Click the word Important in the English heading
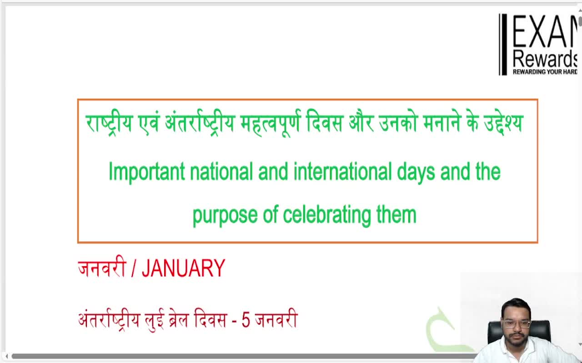pyautogui.click(x=146, y=172)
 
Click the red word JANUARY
pyautogui.click(x=183, y=269)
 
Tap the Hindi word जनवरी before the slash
pyautogui.click(x=101, y=269)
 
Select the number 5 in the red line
pyautogui.click(x=246, y=320)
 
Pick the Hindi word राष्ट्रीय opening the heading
pyautogui.click(x=109, y=123)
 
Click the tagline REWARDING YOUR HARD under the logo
pyautogui.click(x=545, y=72)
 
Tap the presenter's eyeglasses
pyautogui.click(x=516, y=324)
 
